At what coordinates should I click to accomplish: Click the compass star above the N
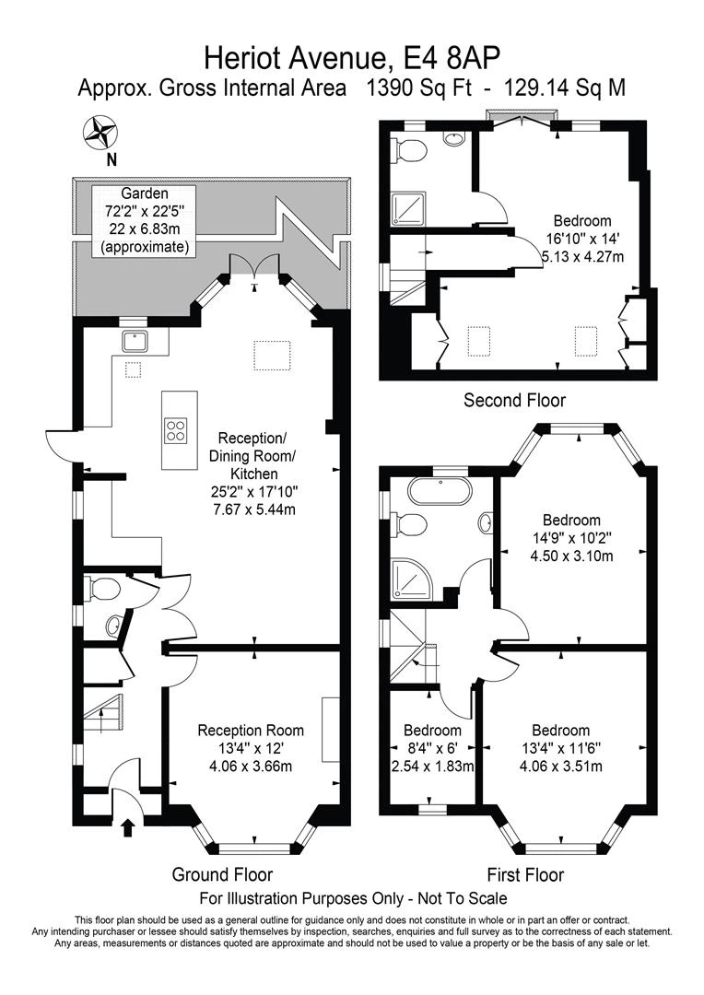(x=100, y=133)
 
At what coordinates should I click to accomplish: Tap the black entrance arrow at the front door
(x=127, y=827)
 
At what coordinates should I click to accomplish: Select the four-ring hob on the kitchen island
(x=177, y=431)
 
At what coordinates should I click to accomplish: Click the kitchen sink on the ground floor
(x=135, y=342)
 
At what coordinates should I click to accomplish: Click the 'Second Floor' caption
(x=514, y=401)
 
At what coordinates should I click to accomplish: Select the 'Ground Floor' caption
(x=222, y=874)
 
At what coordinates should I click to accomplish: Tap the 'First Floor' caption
(x=525, y=875)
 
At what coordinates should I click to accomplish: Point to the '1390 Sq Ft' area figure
(x=419, y=88)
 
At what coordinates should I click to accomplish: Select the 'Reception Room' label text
(x=251, y=731)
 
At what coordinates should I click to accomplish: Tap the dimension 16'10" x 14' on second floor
(x=582, y=240)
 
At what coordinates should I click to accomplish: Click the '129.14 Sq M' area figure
(x=565, y=88)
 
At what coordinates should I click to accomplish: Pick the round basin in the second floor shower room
(x=454, y=137)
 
